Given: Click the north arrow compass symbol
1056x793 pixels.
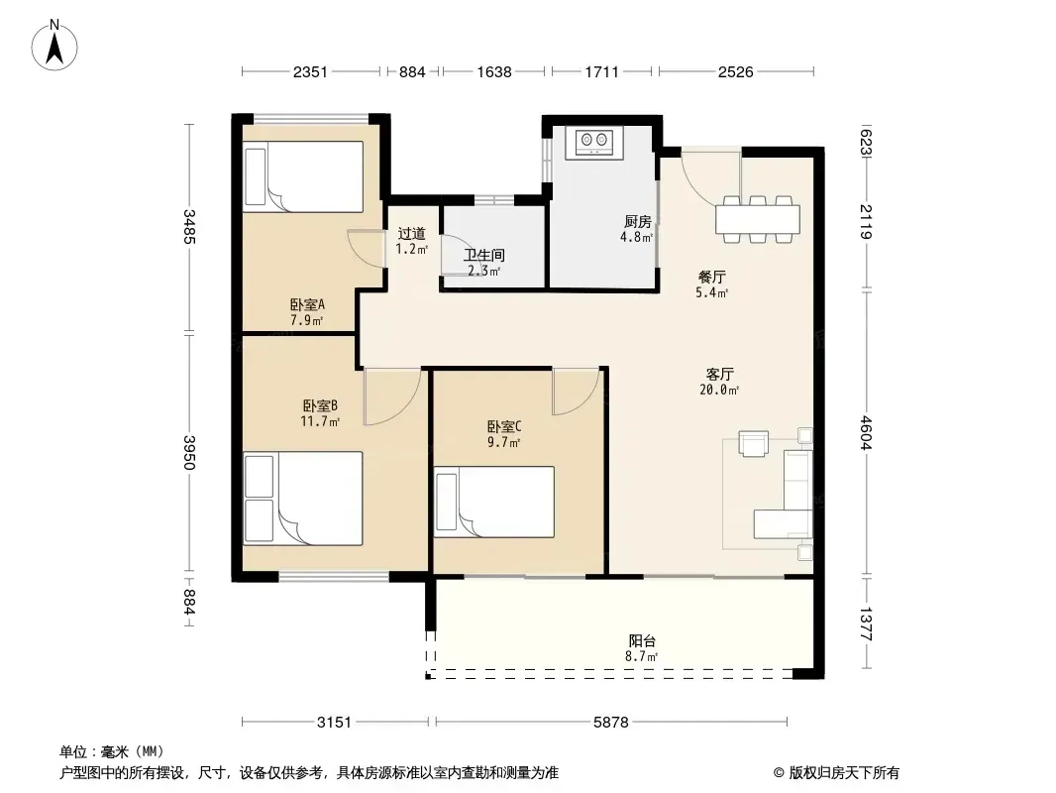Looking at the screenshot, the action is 54,46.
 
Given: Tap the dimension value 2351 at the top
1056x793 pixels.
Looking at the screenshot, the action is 310,71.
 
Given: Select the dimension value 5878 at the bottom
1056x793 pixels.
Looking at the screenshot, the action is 611,723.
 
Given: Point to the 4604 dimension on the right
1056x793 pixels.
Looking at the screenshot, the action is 866,433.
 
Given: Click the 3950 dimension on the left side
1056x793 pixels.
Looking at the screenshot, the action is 189,453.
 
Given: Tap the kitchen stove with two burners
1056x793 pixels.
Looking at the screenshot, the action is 594,142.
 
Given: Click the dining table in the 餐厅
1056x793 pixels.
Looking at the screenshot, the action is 758,219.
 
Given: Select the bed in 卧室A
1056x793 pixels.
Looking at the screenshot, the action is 304,176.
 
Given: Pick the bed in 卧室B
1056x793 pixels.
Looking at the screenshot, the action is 303,499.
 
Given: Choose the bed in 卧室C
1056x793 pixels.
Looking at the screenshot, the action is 494,502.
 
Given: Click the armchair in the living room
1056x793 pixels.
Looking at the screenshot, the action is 753,444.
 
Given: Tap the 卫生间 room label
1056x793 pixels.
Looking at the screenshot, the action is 484,256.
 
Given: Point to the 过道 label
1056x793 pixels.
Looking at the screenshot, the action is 411,233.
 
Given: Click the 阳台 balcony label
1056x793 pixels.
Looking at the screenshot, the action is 642,640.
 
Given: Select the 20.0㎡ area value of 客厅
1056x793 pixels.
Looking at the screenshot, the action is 719,390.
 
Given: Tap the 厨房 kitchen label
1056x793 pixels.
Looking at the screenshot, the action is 637,221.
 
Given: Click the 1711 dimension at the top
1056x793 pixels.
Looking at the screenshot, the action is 601,71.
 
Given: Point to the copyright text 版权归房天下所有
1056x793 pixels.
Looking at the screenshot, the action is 844,773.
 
